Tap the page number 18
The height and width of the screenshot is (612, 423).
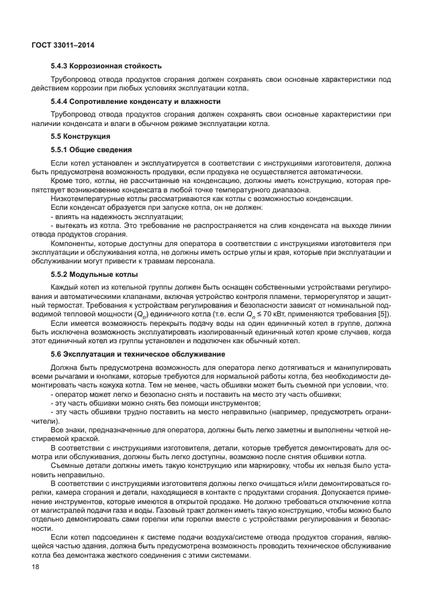click(x=35, y=568)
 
